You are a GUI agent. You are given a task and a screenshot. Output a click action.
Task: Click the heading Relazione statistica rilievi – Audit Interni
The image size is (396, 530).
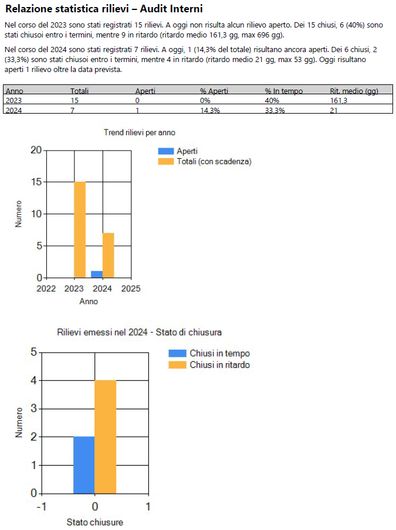tap(104, 9)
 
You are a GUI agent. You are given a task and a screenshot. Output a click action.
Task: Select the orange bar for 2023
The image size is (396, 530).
tap(80, 230)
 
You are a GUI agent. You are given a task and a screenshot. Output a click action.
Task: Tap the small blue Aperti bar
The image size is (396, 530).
tap(96, 274)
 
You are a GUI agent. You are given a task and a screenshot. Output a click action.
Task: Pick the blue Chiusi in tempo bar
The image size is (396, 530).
tap(84, 465)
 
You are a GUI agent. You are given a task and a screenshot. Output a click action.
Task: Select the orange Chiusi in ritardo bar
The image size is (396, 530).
tap(106, 436)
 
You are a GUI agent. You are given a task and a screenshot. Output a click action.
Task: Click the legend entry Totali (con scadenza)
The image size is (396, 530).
tap(214, 162)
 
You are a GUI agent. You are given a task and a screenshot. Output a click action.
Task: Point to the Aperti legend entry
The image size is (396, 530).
tap(187, 151)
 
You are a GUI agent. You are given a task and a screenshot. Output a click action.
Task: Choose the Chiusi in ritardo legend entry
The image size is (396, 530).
tap(219, 365)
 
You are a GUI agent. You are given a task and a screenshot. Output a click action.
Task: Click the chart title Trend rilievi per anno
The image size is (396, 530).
tap(140, 133)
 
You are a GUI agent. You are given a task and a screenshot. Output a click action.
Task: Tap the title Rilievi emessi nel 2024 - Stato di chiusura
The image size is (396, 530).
tap(140, 332)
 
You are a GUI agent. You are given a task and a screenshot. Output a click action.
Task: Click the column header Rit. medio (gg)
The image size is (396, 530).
tap(354, 91)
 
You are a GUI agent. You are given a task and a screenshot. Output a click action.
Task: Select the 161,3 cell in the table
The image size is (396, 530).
tap(338, 100)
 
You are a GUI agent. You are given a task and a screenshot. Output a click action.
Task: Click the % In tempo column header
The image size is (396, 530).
tap(283, 91)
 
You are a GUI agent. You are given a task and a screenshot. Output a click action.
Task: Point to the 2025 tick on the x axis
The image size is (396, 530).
tap(131, 289)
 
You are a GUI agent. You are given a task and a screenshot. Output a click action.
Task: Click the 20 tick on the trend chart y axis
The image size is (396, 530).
tap(36, 150)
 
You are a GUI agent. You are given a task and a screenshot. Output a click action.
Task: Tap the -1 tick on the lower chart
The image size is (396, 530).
tap(41, 507)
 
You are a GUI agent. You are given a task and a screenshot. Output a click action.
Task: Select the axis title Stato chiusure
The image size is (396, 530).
tap(94, 522)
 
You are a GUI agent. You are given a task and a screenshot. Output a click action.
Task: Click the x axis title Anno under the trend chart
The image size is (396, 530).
tap(89, 302)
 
